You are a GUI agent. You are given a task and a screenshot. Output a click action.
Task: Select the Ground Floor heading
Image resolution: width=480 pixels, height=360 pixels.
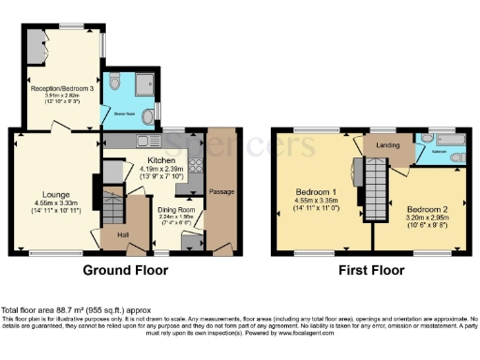[126, 271]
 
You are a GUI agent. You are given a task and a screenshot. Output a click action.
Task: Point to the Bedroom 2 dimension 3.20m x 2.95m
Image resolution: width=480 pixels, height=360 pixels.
[415, 217]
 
